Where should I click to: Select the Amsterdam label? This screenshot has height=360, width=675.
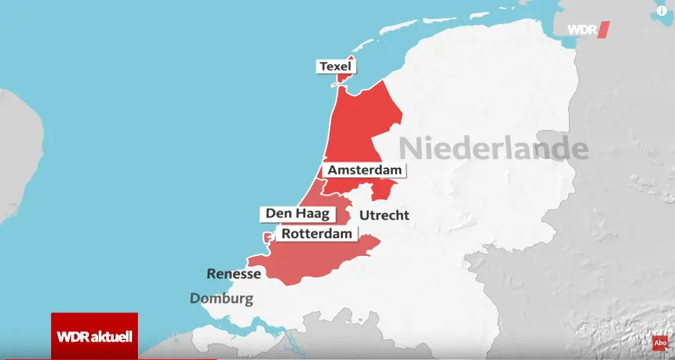[365, 170]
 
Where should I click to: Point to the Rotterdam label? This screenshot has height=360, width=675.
[317, 234]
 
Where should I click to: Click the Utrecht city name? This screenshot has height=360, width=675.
[384, 215]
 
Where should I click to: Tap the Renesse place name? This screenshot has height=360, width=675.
[233, 273]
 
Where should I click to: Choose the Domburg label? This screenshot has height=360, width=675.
[221, 299]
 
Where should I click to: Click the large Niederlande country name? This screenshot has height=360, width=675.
[493, 148]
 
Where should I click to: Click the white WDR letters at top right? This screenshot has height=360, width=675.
[581, 30]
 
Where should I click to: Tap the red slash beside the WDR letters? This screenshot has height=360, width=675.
[603, 30]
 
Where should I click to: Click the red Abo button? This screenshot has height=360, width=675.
[660, 343]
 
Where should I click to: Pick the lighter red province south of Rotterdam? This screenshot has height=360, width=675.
[318, 259]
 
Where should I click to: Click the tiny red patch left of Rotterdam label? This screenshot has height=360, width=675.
[268, 237]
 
